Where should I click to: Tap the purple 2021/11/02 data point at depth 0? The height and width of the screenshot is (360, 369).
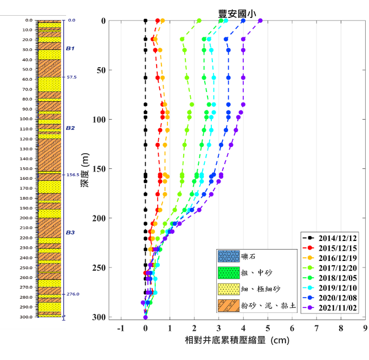click(261, 21)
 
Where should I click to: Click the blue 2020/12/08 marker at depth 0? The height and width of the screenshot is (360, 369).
click(243, 21)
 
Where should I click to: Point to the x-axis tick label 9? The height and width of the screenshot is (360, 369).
click(365, 328)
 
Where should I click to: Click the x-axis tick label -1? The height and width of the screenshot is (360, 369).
click(120, 328)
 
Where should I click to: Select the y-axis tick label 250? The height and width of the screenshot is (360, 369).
click(100, 267)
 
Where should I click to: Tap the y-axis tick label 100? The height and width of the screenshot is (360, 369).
click(100, 119)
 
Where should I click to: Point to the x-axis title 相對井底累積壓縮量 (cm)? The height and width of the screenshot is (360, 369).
click(236, 341)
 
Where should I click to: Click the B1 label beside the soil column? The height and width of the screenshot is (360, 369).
click(70, 48)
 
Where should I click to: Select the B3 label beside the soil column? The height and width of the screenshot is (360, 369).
click(70, 232)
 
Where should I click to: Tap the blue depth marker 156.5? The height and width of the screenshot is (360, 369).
click(71, 175)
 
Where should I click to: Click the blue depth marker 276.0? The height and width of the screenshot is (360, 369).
click(71, 294)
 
